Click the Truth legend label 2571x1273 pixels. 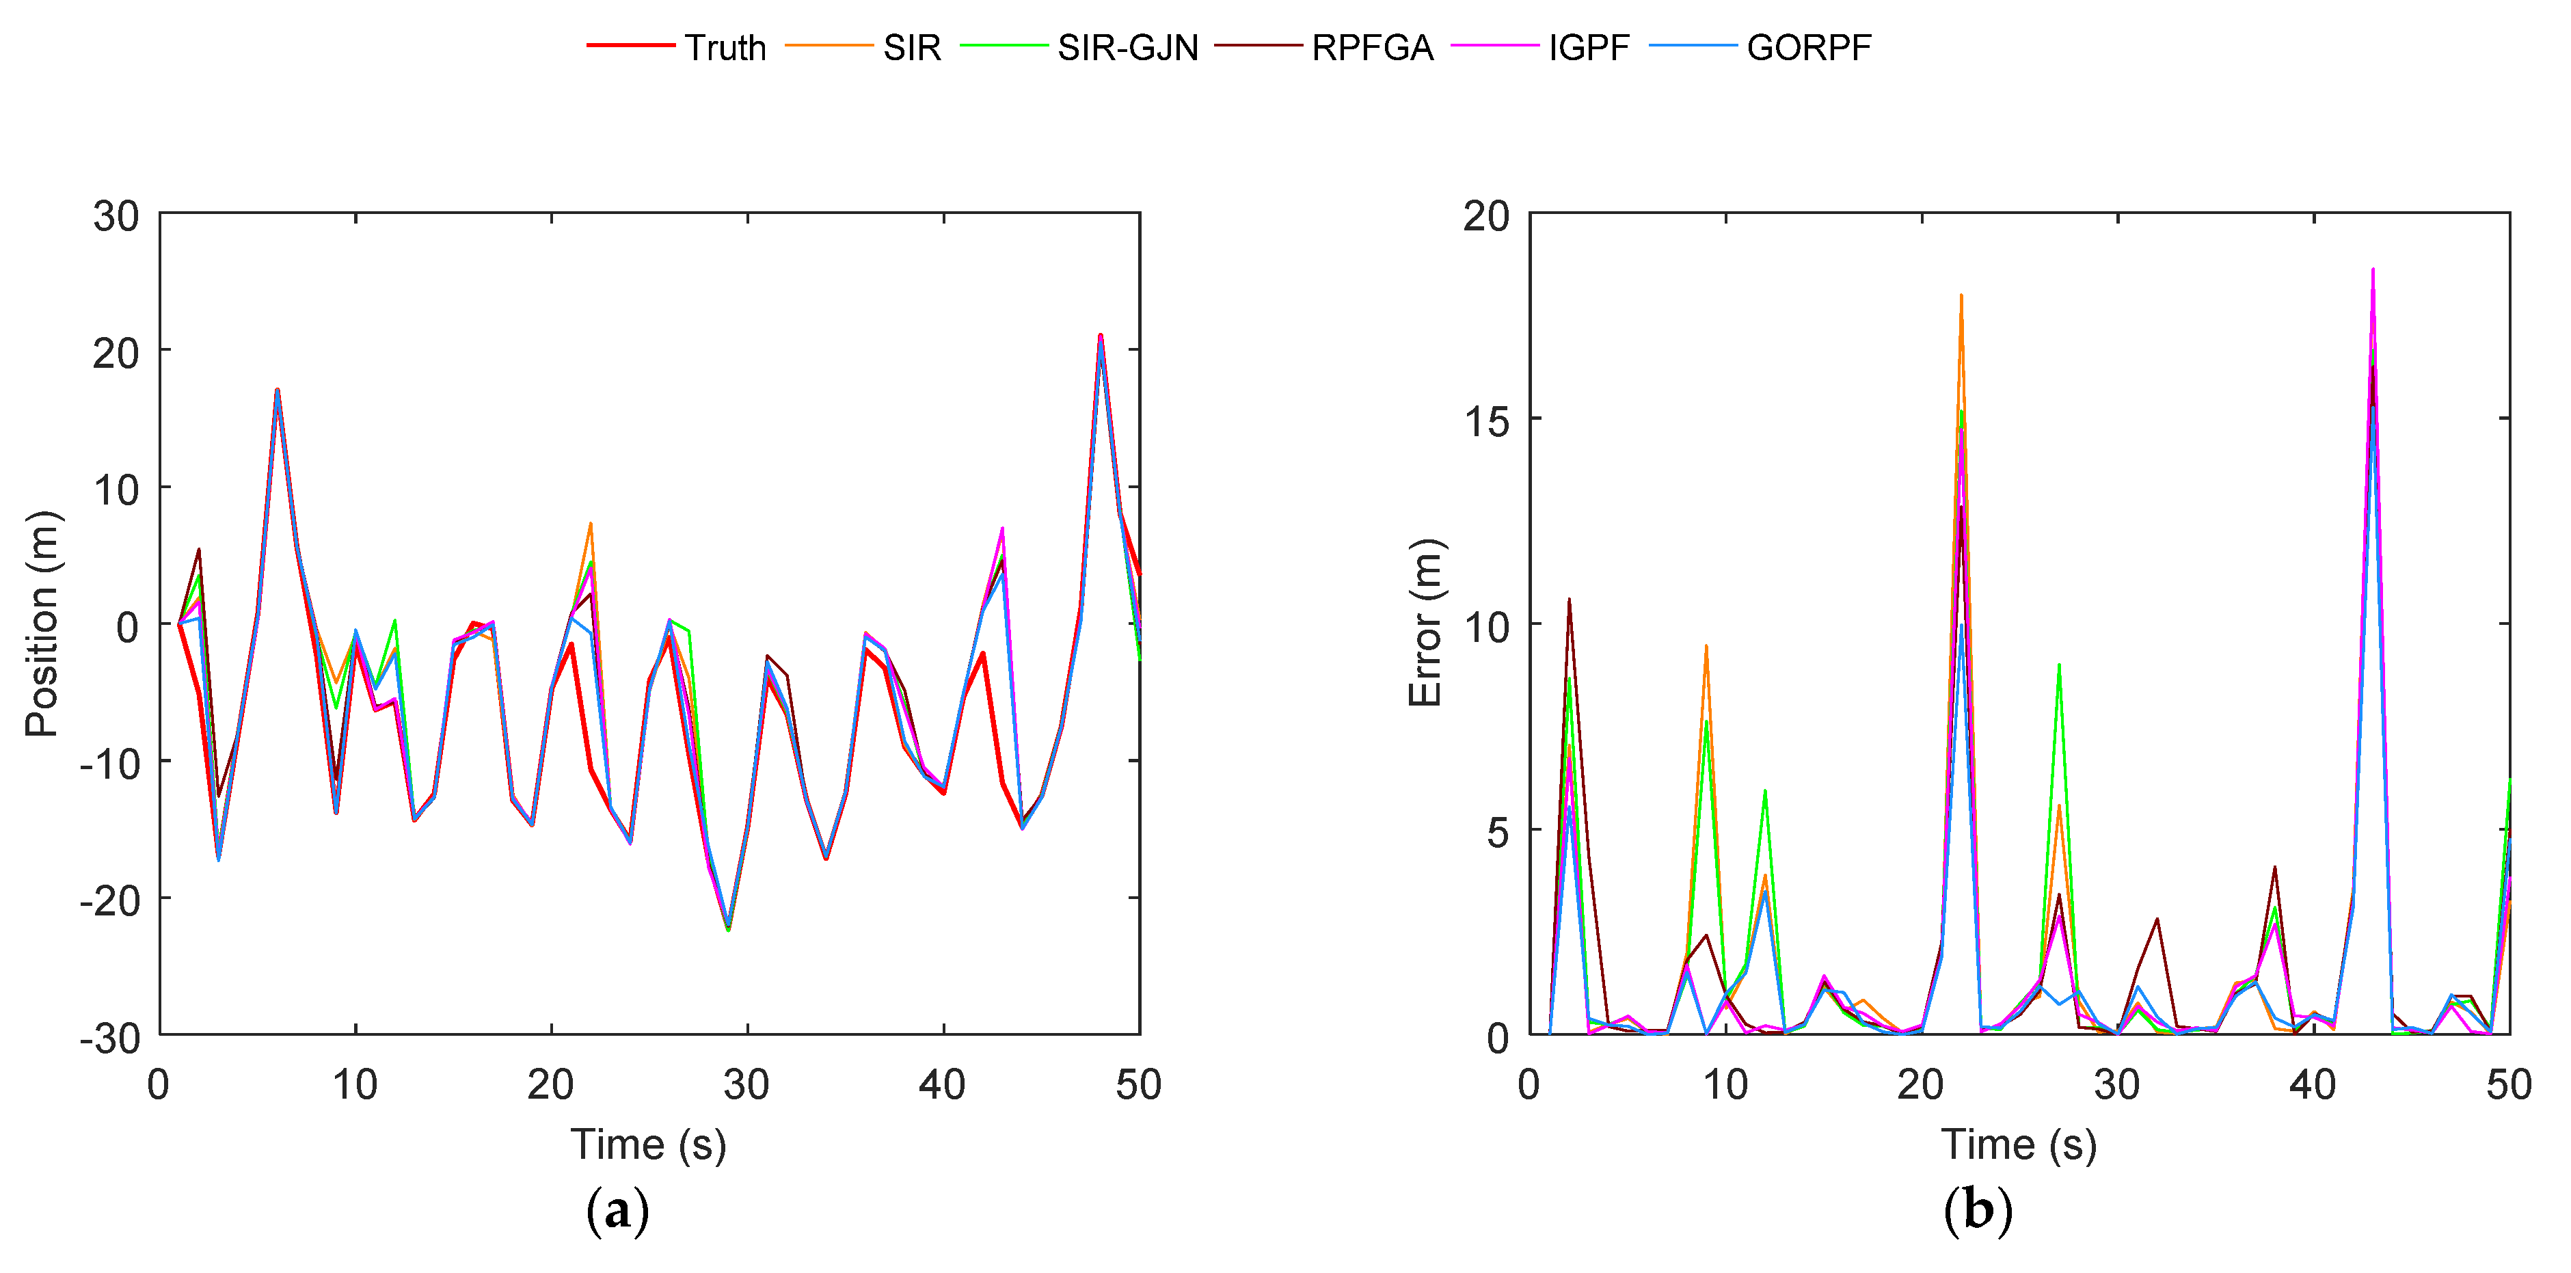coord(725,47)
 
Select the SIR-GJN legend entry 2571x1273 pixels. coord(1127,47)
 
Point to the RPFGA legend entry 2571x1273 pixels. coord(1371,47)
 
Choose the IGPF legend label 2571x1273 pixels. coord(1588,47)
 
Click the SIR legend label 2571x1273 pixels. coord(911,47)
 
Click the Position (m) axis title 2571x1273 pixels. coord(42,624)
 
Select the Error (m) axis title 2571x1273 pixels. coord(1425,624)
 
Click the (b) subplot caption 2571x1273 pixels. coord(1977,1210)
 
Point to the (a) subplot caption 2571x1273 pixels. coord(618,1210)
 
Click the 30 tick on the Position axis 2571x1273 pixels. coord(116,215)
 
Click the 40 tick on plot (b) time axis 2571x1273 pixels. coord(2313,1084)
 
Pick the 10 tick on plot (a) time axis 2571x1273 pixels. coord(354,1084)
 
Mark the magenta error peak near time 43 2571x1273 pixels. coord(2372,269)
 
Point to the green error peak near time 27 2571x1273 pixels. coord(2059,665)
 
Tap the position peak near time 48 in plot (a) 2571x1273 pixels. coord(1100,336)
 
